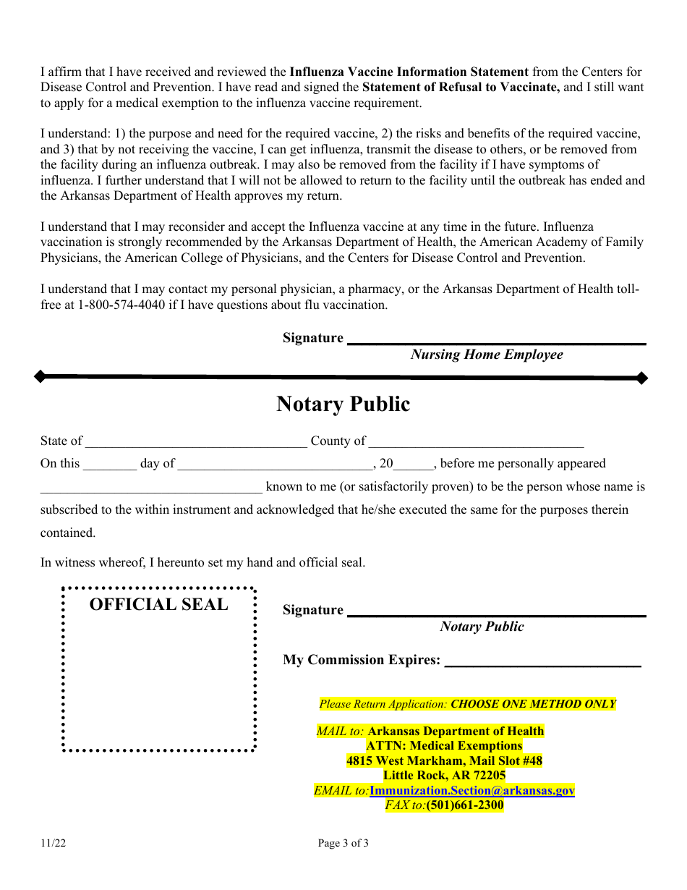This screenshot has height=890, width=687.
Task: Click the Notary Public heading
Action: [343, 404]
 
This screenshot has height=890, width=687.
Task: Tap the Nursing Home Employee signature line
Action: [497, 343]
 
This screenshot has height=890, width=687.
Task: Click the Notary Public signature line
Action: [497, 615]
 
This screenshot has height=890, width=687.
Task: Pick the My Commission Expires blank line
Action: [542, 664]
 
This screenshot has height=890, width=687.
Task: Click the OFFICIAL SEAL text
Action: [158, 605]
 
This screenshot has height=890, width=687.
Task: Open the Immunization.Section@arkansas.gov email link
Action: [472, 790]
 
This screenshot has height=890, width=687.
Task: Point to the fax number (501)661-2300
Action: [465, 805]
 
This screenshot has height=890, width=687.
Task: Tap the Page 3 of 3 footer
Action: [343, 843]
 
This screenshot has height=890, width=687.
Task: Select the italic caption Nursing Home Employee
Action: [487, 355]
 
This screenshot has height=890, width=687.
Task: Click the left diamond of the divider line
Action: [40, 376]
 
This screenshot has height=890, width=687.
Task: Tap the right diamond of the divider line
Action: [641, 377]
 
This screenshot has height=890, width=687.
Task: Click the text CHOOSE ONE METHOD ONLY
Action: [533, 704]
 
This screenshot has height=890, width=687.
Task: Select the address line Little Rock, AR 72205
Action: [444, 776]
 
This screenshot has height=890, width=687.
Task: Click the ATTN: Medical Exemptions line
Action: [444, 746]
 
